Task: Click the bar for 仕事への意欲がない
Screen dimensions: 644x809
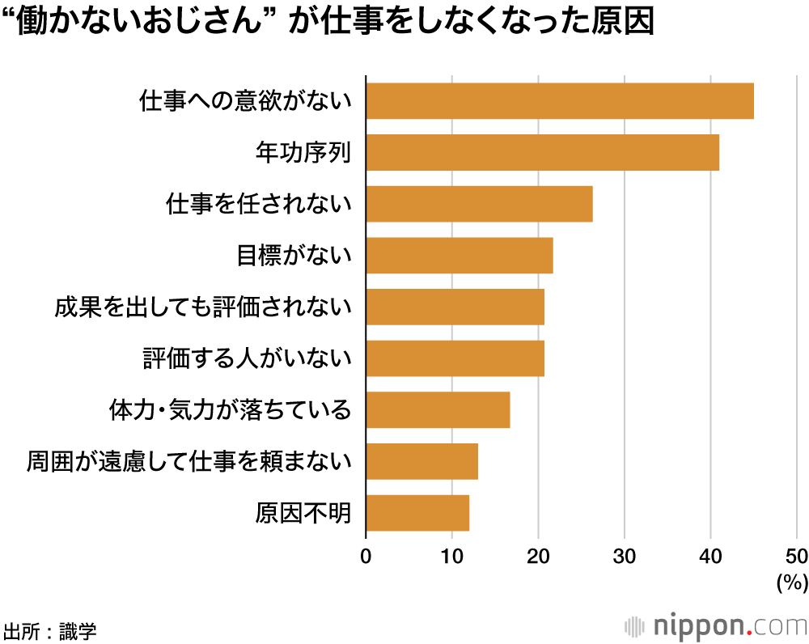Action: coord(560,101)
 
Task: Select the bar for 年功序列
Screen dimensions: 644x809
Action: coord(543,153)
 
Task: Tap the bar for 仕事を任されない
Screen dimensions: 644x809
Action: coord(479,204)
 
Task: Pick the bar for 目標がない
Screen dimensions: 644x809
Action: coord(460,256)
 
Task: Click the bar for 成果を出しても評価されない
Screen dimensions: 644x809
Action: coord(455,307)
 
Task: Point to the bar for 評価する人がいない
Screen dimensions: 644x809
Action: coord(455,358)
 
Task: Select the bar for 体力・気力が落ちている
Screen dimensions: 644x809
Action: coord(438,409)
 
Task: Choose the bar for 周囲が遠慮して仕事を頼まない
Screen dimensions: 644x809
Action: coord(421,461)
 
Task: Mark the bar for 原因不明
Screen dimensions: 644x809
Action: coord(417,512)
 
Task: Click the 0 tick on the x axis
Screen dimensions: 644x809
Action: coord(366,556)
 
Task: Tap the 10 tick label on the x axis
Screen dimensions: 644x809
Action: coord(451,556)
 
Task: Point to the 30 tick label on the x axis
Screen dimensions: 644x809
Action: coord(624,556)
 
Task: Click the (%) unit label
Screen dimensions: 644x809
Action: coord(791,581)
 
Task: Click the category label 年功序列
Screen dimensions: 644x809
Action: coord(303,153)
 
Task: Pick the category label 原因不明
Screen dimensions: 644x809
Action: coord(303,513)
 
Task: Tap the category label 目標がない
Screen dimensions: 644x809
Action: coord(294,256)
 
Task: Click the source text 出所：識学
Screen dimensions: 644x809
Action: coord(50,629)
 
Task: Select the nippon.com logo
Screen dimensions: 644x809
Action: coord(715,625)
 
